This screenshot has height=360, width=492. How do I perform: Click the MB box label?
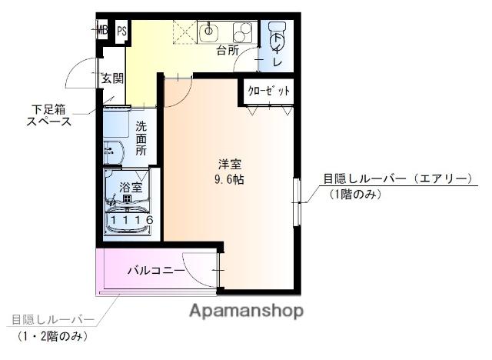[102, 32]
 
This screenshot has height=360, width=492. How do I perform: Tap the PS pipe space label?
[121, 32]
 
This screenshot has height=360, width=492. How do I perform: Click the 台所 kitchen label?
[228, 52]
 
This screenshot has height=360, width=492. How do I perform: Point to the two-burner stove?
[242, 32]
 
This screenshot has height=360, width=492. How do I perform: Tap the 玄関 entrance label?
[112, 79]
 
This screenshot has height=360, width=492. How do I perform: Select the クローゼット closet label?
[269, 92]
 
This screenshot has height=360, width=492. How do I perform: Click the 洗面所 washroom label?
[141, 138]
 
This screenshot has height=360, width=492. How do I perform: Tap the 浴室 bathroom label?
[131, 187]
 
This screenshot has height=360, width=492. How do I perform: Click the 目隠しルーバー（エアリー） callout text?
[397, 179]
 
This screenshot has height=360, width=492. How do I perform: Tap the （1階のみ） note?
[356, 194]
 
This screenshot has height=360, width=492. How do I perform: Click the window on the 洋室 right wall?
[297, 202]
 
